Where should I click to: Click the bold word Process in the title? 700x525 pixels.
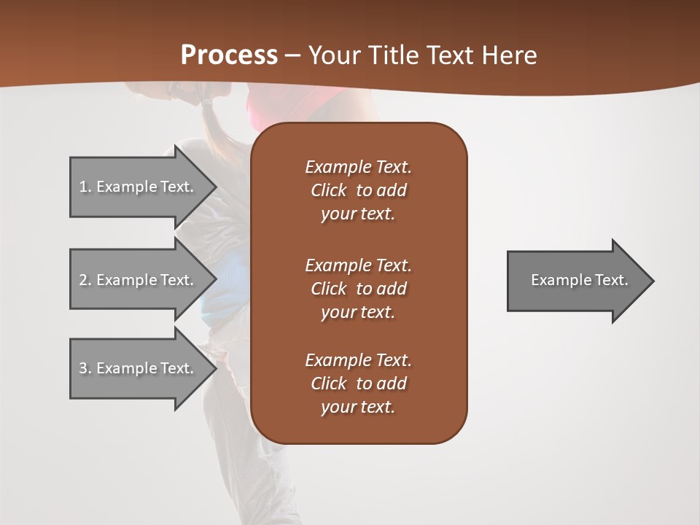[x=229, y=55]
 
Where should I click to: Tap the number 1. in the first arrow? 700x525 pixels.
[x=85, y=187]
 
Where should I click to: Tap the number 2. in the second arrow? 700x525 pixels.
[x=85, y=280]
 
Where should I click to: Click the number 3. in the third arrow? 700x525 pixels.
[x=85, y=368]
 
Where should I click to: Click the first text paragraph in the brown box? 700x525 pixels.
[x=358, y=190]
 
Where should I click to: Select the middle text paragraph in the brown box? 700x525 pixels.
[x=358, y=289]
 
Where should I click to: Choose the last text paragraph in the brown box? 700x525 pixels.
[x=358, y=384]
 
